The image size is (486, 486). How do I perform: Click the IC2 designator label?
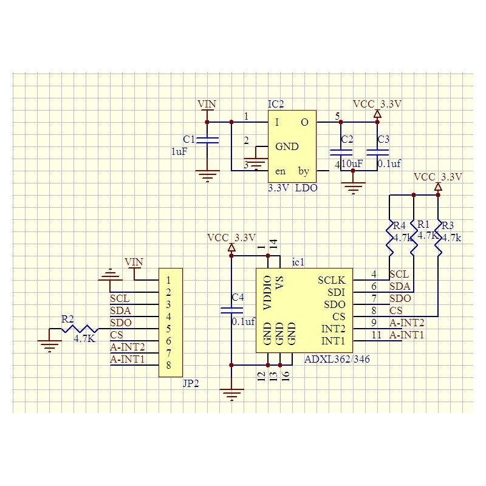pyautogui.click(x=276, y=104)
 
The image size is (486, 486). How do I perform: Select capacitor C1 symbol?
pyautogui.click(x=208, y=140)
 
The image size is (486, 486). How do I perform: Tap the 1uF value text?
pyautogui.click(x=179, y=152)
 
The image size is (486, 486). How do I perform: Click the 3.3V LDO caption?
pyautogui.click(x=293, y=188)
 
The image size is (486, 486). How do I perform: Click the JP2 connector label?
pyautogui.click(x=191, y=384)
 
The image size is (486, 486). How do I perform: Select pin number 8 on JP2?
pyautogui.click(x=168, y=365)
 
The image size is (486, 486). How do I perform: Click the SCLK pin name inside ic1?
pyautogui.click(x=332, y=280)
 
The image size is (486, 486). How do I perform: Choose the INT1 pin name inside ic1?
pyautogui.click(x=333, y=341)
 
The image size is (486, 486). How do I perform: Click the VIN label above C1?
pyautogui.click(x=207, y=104)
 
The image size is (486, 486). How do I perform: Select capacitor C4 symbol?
pyautogui.click(x=231, y=310)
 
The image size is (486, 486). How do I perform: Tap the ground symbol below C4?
pyautogui.click(x=231, y=395)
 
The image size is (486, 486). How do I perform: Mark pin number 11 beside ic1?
pyautogui.click(x=377, y=335)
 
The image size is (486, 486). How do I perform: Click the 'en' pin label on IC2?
pyautogui.click(x=280, y=171)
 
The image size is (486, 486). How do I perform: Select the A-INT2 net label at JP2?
pyautogui.click(x=128, y=347)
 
